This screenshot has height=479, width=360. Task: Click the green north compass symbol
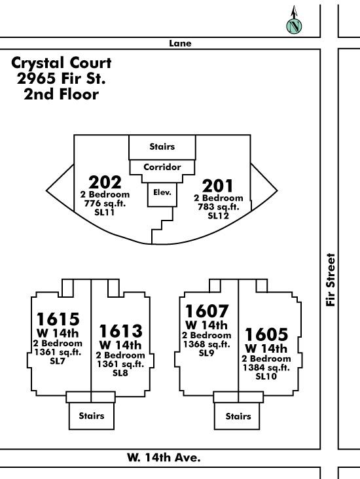coord(294,26)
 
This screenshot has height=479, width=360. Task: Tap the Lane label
coord(180,43)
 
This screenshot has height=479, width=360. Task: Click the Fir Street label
coord(331,279)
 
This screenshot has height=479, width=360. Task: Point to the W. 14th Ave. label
coord(164,457)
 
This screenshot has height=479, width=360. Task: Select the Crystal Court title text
coord(62,63)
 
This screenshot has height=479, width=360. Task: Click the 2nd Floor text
coord(62,94)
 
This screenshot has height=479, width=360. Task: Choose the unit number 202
coord(105,182)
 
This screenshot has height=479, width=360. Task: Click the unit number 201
coord(217,185)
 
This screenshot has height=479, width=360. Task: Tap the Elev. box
coord(162,195)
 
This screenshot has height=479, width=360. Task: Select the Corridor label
coord(162,167)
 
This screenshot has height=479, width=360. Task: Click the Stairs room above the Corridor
coord(162,147)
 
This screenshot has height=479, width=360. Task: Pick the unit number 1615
coord(58,319)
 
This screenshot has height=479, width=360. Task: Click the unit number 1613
coord(120,331)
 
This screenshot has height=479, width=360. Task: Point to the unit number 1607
coord(207,311)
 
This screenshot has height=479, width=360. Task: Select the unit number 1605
coord(266,334)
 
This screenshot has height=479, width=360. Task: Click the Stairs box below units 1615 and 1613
coord(92,416)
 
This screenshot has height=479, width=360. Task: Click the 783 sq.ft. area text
coord(218,207)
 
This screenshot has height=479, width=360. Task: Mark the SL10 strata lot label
coord(266,376)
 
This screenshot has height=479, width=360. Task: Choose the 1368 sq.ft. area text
coord(207,344)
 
